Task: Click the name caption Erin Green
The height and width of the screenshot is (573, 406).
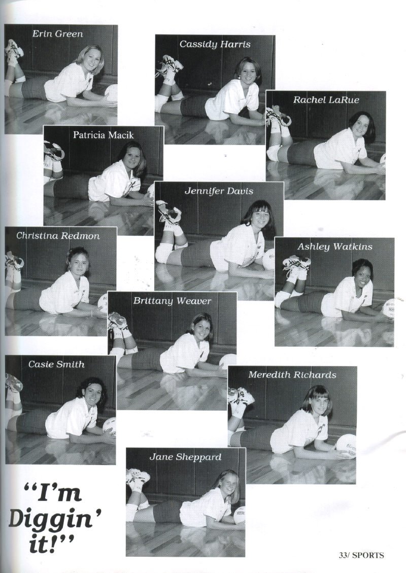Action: click(x=57, y=34)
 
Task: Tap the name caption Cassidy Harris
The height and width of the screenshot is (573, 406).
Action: click(x=215, y=45)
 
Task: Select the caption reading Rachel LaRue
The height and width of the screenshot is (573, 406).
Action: click(x=326, y=100)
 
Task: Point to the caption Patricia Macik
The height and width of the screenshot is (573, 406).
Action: click(x=103, y=135)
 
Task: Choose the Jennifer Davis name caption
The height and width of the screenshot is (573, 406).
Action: click(x=219, y=191)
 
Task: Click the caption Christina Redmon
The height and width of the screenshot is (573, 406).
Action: click(x=58, y=236)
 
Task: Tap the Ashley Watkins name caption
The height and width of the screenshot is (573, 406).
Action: click(x=334, y=246)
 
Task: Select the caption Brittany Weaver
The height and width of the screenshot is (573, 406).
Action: click(x=172, y=301)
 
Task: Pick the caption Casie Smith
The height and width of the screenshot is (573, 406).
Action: click(x=56, y=365)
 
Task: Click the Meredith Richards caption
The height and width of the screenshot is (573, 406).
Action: click(x=292, y=375)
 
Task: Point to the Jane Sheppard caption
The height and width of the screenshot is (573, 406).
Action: click(x=185, y=457)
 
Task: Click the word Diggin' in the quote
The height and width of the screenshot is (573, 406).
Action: click(x=55, y=519)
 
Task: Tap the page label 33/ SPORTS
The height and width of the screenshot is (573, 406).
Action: click(x=361, y=555)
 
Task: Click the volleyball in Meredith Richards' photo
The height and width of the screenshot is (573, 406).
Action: click(x=346, y=446)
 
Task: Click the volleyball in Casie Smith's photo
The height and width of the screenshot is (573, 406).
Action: click(x=109, y=427)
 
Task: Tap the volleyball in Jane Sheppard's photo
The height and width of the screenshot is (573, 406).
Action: click(x=239, y=515)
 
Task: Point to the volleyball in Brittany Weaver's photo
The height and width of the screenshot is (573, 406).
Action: click(x=228, y=362)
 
